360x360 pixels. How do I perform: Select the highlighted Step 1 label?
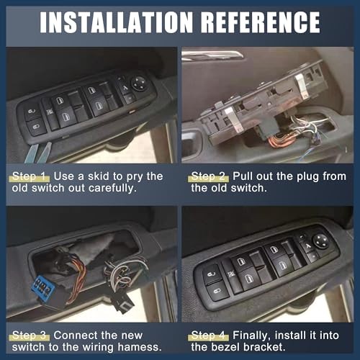(x=30, y=176)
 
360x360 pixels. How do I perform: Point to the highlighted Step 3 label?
(x=30, y=336)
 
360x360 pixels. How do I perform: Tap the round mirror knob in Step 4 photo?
(x=321, y=241)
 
